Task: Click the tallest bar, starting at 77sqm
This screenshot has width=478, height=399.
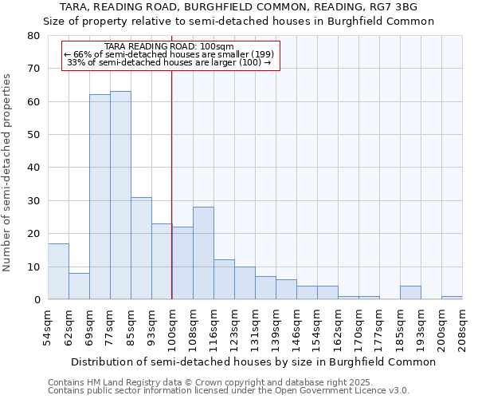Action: (x=120, y=196)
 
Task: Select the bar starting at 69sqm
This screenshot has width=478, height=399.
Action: (x=100, y=197)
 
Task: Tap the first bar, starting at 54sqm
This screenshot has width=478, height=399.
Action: (x=58, y=271)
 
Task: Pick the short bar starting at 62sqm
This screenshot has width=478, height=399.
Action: (x=79, y=286)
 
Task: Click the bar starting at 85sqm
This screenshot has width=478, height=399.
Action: (x=141, y=248)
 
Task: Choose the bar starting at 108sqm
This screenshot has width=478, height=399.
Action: (x=203, y=253)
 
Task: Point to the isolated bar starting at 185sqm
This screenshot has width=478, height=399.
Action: (x=410, y=293)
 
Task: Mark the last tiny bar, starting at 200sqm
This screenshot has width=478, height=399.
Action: (x=452, y=298)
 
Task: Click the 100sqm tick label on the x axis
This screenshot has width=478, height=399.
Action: (x=172, y=328)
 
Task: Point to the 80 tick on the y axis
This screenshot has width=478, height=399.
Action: (x=33, y=36)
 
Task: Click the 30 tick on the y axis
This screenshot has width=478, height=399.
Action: (x=33, y=201)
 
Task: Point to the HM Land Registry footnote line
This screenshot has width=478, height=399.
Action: (x=210, y=383)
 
